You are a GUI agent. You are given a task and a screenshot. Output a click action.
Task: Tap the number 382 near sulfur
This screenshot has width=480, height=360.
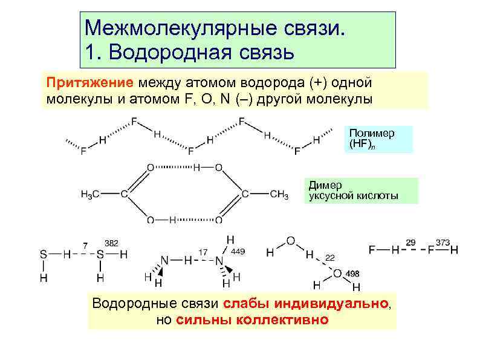coord(112,242)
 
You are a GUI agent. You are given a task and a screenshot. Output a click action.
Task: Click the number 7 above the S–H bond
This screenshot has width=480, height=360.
coord(85,246)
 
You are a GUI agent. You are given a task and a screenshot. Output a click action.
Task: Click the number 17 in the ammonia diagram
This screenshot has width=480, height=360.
coord(204,251)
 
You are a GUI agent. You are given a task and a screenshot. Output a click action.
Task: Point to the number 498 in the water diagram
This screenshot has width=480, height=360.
coord(352,274)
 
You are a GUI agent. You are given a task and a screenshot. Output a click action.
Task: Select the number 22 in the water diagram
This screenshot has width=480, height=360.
coord(330,258)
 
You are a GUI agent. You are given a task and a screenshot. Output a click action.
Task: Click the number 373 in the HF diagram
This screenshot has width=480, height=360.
coord(443,242)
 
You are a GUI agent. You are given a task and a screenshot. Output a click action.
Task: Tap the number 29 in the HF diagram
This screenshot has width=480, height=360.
coord(411,242)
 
